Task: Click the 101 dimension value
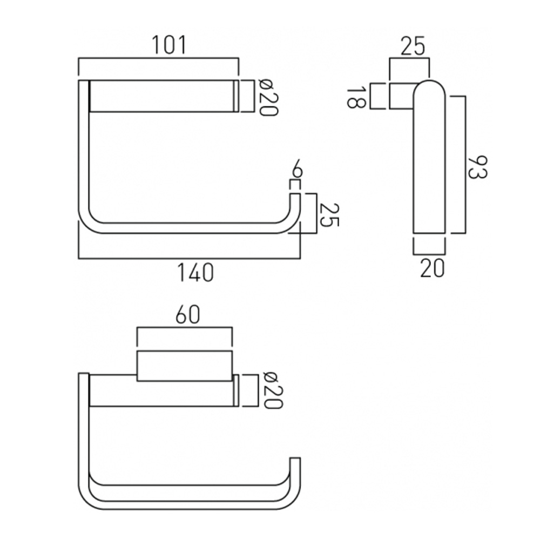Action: [167, 45]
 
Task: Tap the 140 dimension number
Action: [195, 272]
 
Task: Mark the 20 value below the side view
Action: [432, 267]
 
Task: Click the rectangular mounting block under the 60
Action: [184, 366]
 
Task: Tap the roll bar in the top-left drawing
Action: [162, 96]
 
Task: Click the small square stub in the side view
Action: [400, 96]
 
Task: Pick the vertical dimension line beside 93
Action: [464, 165]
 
